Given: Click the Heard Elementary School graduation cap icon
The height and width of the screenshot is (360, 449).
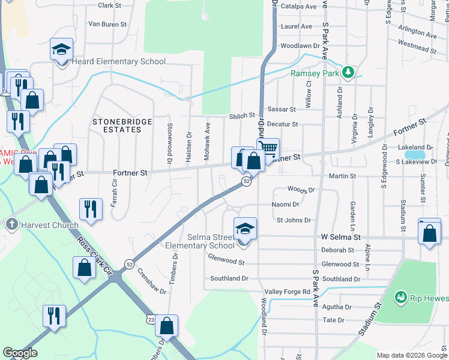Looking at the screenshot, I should [61, 49].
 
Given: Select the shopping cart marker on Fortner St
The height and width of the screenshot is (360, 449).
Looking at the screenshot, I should [268, 148].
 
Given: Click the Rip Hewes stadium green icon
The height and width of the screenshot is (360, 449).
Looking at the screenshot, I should [401, 297].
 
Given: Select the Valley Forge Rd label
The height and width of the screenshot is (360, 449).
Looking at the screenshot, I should [289, 292].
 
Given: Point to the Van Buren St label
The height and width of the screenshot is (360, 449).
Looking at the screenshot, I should [107, 25].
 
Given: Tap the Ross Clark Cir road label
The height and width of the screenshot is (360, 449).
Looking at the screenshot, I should [94, 255].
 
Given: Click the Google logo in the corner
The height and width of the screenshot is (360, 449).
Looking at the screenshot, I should [20, 353].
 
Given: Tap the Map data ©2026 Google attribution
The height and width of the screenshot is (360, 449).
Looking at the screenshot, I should [411, 355].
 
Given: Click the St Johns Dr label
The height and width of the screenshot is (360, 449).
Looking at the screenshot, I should [294, 220].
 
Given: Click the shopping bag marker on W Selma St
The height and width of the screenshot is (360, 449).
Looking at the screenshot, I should [429, 234].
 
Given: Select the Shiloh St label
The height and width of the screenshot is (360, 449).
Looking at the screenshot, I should [242, 115].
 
